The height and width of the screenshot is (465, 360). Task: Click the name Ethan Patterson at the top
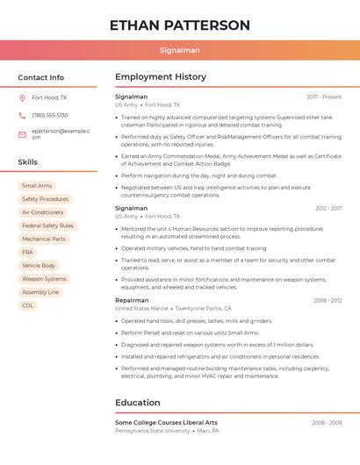(180, 25)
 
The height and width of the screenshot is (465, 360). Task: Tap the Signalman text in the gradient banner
(180, 50)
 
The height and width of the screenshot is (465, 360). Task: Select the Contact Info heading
(41, 77)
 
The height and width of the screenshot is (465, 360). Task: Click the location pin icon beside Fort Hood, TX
(22, 97)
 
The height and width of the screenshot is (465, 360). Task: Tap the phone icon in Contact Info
(22, 115)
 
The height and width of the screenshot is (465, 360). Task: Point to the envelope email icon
(22, 134)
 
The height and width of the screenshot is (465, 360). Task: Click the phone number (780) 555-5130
(50, 115)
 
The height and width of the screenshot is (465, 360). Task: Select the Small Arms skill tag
(37, 186)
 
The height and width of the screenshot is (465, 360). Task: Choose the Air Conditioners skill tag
(43, 212)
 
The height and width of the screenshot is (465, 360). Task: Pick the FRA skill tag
(28, 252)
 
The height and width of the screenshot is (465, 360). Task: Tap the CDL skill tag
(28, 305)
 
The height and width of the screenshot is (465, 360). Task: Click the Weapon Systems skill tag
(44, 279)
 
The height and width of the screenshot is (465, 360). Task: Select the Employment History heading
(161, 77)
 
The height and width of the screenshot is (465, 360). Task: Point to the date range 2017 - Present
(324, 97)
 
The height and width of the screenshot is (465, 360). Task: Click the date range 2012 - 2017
(328, 208)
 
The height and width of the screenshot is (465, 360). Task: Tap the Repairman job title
(132, 300)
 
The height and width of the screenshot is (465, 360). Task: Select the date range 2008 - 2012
(328, 300)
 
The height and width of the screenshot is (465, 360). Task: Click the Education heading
(138, 403)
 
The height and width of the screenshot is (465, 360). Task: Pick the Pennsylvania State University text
(153, 431)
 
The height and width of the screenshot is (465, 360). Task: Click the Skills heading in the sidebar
(28, 162)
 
